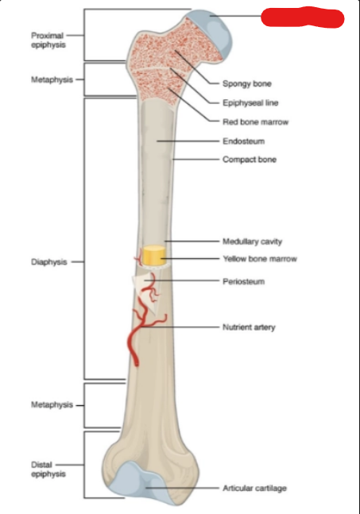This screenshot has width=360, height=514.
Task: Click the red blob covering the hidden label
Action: click(x=302, y=17)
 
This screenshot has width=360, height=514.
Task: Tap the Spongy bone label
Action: click(x=247, y=83)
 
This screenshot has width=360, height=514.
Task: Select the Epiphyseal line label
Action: click(x=250, y=103)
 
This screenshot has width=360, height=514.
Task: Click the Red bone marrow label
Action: click(x=255, y=122)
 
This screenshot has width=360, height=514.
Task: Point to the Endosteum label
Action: click(x=244, y=141)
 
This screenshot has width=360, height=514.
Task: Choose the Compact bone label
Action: click(x=250, y=160)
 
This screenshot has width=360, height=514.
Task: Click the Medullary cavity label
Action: click(x=252, y=242)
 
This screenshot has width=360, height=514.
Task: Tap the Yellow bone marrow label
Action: click(x=260, y=259)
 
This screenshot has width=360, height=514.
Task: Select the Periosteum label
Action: click(x=244, y=281)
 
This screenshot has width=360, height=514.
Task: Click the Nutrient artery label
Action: click(x=249, y=327)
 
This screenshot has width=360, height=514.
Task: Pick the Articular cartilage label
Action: click(x=255, y=488)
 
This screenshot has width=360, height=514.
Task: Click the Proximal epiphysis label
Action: click(x=48, y=40)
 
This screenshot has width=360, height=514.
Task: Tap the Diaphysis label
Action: click(x=48, y=262)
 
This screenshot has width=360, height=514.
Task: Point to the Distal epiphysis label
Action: click(x=48, y=470)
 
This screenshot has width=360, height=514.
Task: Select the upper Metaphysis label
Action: click(x=52, y=79)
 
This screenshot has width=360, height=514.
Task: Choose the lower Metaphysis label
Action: click(x=52, y=405)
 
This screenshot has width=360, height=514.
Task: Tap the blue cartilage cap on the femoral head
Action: click(x=215, y=31)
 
